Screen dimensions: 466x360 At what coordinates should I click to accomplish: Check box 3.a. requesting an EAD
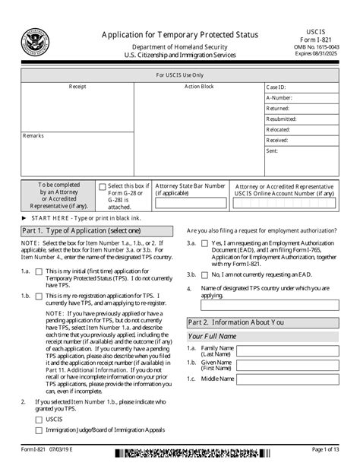[x=204, y=244]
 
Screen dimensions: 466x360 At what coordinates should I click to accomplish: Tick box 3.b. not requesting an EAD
[x=204, y=274]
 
